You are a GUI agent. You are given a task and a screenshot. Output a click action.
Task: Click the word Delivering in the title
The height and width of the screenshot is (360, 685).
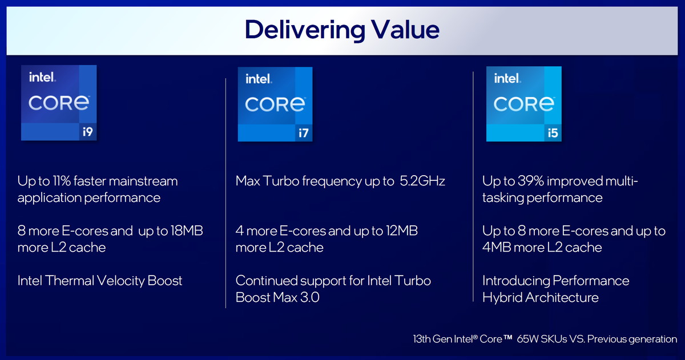[305, 30]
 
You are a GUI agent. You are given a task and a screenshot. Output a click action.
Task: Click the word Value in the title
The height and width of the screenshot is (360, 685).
[405, 29]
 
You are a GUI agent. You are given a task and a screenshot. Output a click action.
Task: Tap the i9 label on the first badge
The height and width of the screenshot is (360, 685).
[88, 132]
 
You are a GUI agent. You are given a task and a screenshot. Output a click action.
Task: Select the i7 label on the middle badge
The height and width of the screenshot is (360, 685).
[303, 133]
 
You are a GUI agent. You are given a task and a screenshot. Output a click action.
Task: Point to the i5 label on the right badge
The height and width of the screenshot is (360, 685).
[553, 133]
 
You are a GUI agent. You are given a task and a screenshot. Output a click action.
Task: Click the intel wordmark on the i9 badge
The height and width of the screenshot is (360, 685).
[42, 77]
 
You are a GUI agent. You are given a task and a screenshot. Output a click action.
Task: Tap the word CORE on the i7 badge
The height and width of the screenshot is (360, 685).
[275, 104]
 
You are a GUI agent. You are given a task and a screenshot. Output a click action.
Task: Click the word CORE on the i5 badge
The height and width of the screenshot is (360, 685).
[524, 104]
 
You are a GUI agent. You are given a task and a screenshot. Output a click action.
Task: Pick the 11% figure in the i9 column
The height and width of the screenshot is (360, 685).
[62, 181]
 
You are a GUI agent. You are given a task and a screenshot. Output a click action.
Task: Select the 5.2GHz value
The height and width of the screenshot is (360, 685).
[422, 181]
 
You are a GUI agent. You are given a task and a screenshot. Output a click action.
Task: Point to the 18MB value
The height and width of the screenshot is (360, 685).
[187, 230]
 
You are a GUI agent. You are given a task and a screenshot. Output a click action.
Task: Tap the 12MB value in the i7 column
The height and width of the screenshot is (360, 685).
[402, 230]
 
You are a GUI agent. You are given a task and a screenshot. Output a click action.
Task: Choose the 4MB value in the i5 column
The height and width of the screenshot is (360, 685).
[497, 247]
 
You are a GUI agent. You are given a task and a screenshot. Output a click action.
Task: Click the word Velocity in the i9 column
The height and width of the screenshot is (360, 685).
[121, 281]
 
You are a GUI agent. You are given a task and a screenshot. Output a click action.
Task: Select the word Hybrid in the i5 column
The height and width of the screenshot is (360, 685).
[502, 297]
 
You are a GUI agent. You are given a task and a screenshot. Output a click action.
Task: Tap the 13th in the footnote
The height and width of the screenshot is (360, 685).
[422, 339]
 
